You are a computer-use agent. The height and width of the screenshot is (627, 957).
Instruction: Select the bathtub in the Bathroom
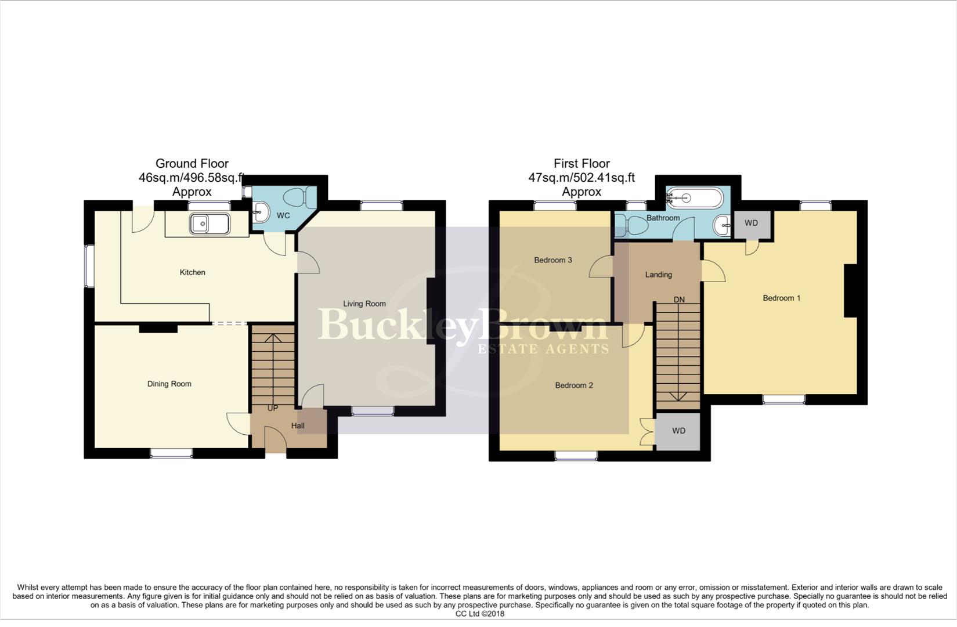pos(694,199)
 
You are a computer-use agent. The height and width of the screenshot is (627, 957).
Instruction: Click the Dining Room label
pos(169,384)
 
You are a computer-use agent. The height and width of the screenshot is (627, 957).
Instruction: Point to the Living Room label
pos(364,304)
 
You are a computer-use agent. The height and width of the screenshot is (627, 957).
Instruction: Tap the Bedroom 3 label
pos(552,260)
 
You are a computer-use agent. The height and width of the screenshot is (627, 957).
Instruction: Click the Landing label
pos(658,275)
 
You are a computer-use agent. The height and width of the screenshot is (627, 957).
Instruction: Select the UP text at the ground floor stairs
pos(272,408)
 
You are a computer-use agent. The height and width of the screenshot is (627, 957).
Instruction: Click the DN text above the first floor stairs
pos(678,300)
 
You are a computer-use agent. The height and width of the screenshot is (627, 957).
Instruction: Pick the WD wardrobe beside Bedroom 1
pos(751,224)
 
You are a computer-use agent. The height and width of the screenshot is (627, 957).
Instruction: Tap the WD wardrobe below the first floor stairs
pos(678,431)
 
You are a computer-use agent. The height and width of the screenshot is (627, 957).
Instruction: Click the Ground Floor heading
pos(192,164)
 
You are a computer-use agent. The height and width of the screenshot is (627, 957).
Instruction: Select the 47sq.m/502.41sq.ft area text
pos(581,178)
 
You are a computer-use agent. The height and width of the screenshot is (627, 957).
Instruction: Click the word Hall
pos(298,426)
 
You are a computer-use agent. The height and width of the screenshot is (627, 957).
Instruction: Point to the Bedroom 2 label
pos(573,385)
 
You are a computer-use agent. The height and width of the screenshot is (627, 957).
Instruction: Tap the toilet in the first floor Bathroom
pos(630,225)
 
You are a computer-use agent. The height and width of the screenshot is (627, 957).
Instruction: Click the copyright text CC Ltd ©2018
pos(479,614)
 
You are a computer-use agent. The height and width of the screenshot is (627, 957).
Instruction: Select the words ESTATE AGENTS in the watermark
pos(543,349)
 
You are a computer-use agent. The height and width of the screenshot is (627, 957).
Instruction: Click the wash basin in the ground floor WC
pos(261,212)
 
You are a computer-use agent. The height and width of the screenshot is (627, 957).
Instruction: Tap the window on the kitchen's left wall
pos(89,266)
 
